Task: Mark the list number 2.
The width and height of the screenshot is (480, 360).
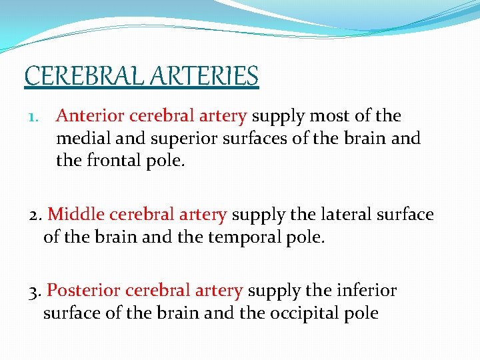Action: tap(37, 215)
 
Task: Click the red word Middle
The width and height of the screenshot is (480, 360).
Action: tap(76, 215)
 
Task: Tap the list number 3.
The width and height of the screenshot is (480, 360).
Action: tap(37, 291)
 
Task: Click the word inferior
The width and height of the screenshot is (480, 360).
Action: tap(367, 291)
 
